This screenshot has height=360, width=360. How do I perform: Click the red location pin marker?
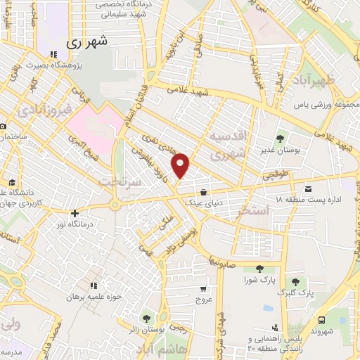click(181, 165)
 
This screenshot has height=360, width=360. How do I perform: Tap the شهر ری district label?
click(89, 42)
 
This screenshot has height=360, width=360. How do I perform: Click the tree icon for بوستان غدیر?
click(280, 139)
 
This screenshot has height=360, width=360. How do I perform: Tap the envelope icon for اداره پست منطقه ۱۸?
click(309, 188)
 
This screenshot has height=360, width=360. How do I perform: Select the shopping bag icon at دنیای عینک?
click(203, 191)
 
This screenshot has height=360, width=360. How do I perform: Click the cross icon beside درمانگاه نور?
click(75, 212)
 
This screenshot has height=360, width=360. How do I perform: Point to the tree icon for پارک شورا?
click(259, 268)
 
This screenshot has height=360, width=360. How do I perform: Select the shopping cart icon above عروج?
click(203, 288)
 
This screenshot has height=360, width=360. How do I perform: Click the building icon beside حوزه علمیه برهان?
click(94, 285)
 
